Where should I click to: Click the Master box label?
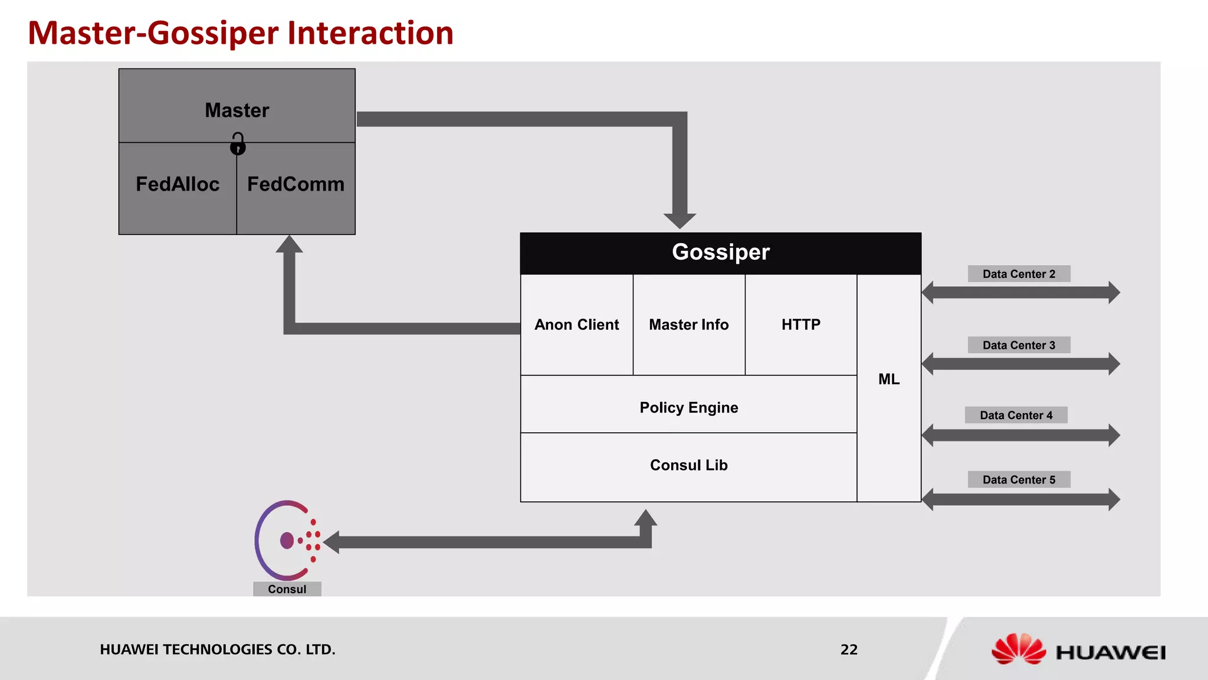tap(237, 110)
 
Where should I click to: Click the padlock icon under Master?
tap(238, 144)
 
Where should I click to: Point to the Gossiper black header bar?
tap(720, 253)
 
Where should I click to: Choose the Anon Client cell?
tap(576, 325)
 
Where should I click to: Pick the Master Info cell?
tap(688, 325)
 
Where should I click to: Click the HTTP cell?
tap(800, 325)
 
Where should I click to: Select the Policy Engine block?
tap(688, 407)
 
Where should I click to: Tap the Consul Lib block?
tap(688, 465)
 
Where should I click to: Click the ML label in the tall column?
tap(889, 380)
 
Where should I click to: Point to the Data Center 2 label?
tap(1019, 274)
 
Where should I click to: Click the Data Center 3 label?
tap(1019, 345)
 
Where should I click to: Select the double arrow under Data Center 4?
tap(1020, 435)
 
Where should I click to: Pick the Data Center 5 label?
tap(1019, 480)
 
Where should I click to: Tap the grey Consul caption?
tap(287, 589)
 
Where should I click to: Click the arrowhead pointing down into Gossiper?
tap(679, 220)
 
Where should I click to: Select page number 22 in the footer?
tap(849, 650)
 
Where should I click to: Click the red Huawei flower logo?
tap(1018, 649)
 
